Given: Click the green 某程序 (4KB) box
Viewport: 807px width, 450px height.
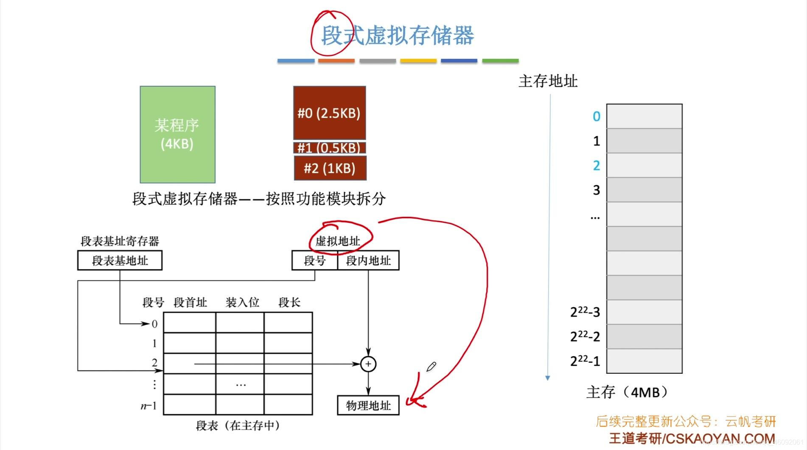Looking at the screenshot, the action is pyautogui.click(x=177, y=134).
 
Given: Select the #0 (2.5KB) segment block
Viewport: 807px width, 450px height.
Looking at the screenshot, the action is pyautogui.click(x=329, y=113).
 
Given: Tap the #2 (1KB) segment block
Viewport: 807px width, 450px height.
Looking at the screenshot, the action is pyautogui.click(x=330, y=168).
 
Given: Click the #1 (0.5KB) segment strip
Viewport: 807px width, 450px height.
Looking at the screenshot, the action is pyautogui.click(x=329, y=148).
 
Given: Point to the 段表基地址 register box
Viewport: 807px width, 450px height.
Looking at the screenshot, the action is pyautogui.click(x=120, y=261).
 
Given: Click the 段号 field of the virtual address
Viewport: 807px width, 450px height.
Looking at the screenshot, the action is pyautogui.click(x=314, y=261).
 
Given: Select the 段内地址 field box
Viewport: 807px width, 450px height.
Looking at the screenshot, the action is pyautogui.click(x=368, y=261).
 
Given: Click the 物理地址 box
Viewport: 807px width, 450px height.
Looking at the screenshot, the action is pyautogui.click(x=368, y=406).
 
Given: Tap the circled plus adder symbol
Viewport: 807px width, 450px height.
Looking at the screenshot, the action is pyautogui.click(x=368, y=364).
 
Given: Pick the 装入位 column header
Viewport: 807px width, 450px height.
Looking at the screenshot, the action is pyautogui.click(x=242, y=303).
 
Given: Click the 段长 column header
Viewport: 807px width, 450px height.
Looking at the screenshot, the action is pyautogui.click(x=289, y=303).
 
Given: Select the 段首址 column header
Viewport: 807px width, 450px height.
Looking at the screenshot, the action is pyautogui.click(x=190, y=303).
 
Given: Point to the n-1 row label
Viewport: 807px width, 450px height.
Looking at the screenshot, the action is pyautogui.click(x=149, y=406).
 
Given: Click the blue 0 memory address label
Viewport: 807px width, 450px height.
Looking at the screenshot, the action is pyautogui.click(x=596, y=117).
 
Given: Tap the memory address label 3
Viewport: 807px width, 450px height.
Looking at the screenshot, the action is pyautogui.click(x=596, y=190).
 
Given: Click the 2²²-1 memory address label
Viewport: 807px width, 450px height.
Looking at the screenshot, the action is pyautogui.click(x=585, y=361).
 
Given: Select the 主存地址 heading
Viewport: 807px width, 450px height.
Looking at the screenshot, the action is pyautogui.click(x=548, y=81).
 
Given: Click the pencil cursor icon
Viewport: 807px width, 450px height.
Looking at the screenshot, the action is pyautogui.click(x=431, y=367).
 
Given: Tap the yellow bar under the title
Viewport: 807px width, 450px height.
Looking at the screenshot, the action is pyautogui.click(x=418, y=61).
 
